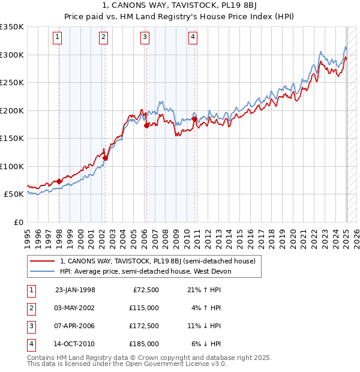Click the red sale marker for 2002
coord(106,158)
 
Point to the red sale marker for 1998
coord(59,182)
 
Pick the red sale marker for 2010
coord(195,119)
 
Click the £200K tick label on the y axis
coord(12,110)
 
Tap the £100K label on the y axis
coord(12,166)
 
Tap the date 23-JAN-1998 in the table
coord(75,290)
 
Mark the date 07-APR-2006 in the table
coord(75,326)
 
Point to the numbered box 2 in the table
coord(31,308)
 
